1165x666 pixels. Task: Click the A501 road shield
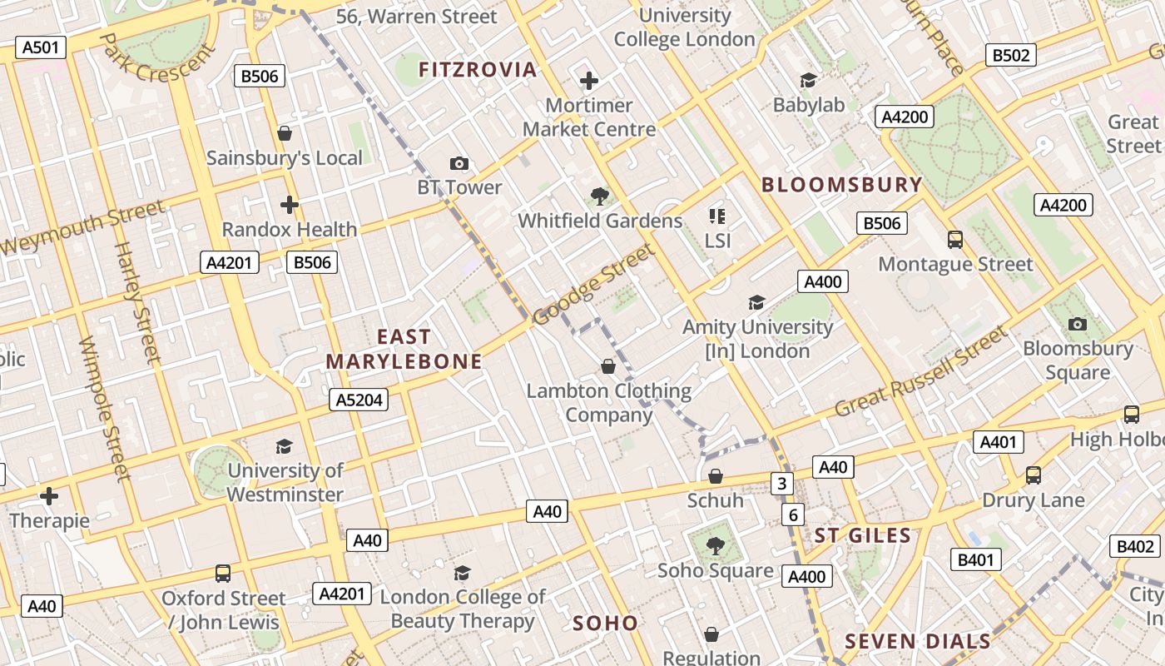point(41,47)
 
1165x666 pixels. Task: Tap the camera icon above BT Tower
point(459,163)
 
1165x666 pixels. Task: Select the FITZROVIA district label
point(478,70)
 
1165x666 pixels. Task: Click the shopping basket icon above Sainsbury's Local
point(285,133)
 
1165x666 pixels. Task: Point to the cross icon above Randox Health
point(289,204)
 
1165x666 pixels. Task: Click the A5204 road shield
point(359,400)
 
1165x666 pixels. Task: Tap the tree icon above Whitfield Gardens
point(598,196)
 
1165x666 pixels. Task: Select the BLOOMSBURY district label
point(842,185)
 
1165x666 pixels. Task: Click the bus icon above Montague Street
point(955,240)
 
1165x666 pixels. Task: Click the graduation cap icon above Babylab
point(808,80)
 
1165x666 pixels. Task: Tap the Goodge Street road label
point(592,284)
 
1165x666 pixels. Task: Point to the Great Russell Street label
point(920,372)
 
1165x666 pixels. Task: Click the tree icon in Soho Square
point(715,546)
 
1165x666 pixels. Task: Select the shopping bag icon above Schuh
point(716,476)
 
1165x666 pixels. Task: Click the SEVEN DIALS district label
point(918,641)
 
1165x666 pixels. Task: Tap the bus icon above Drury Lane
point(1033,475)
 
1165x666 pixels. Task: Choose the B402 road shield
point(1136,546)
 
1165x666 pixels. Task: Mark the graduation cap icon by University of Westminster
point(285,446)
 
